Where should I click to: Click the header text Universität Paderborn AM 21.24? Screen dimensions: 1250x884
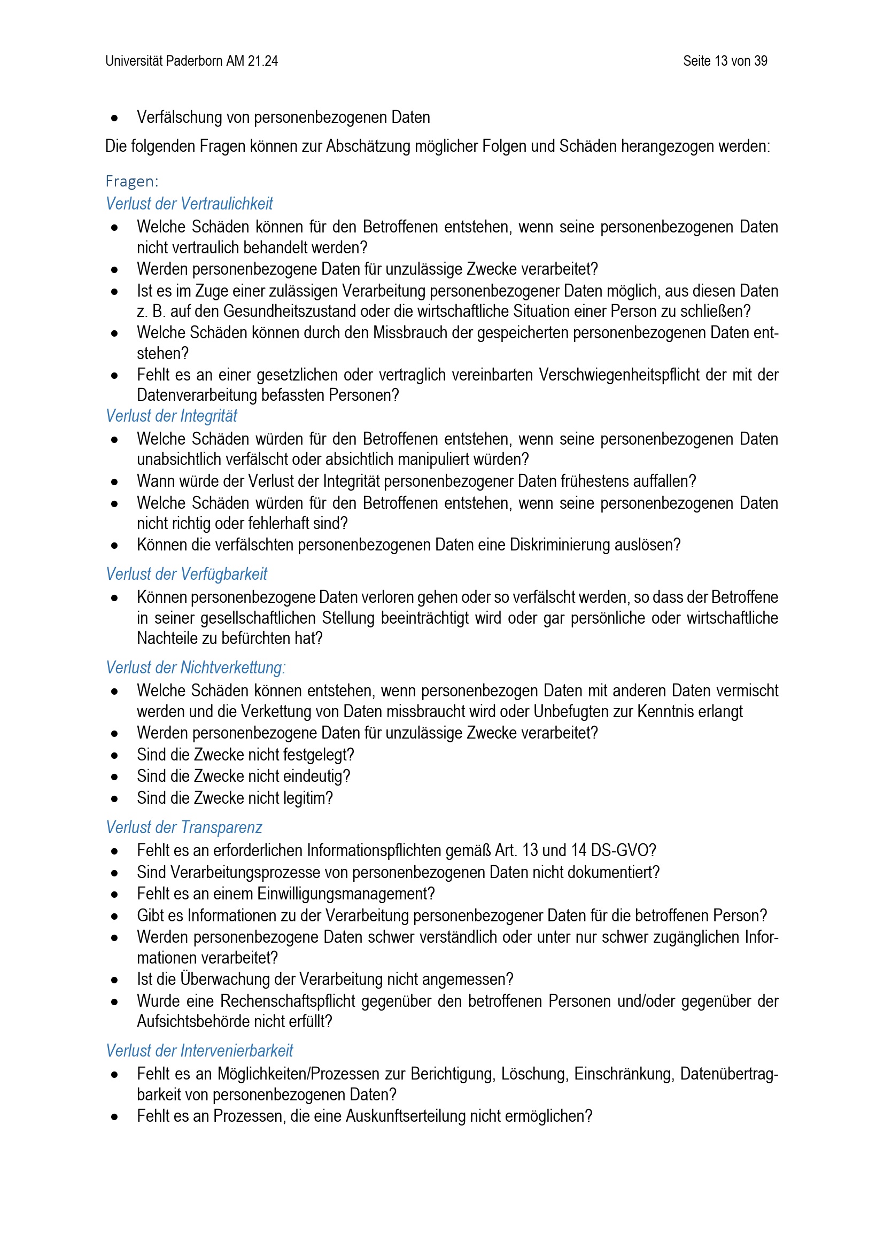tap(192, 61)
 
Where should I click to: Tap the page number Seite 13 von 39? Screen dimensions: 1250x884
tap(725, 61)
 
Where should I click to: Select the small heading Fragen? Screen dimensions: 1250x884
tap(131, 181)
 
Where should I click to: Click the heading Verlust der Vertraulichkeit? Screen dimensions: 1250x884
tap(189, 204)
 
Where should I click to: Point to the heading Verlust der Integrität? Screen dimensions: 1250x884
tap(172, 416)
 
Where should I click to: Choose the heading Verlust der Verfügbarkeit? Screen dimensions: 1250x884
tap(187, 574)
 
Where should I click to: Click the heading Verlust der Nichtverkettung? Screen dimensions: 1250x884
tap(196, 667)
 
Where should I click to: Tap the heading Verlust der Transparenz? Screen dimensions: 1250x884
tap(184, 827)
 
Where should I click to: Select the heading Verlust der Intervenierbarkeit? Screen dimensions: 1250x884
tap(199, 1051)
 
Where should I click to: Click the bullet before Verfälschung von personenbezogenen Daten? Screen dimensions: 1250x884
tap(114, 118)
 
